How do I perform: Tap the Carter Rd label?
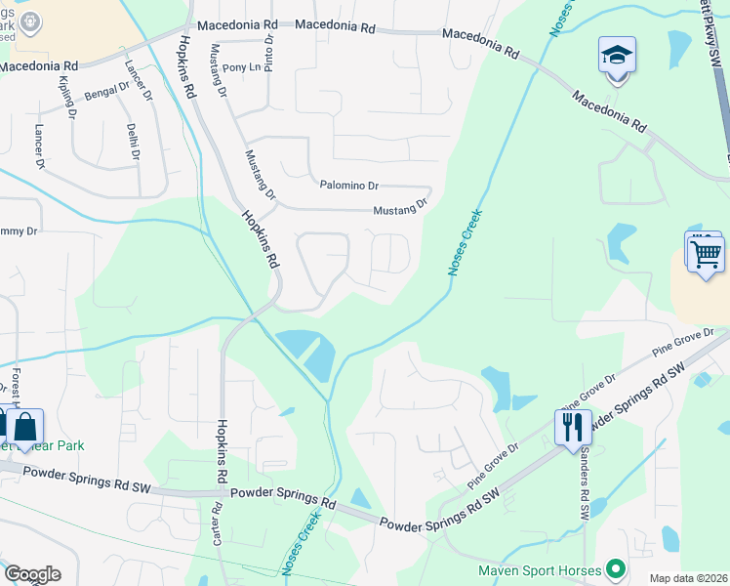pos(217,523)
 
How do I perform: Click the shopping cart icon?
pos(706,254)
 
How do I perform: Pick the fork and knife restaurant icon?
pos(573,427)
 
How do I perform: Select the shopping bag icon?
pos(25,426)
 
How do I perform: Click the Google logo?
pos(32,574)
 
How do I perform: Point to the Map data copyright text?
pos(687,578)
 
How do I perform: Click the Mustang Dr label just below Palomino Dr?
pos(400,209)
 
